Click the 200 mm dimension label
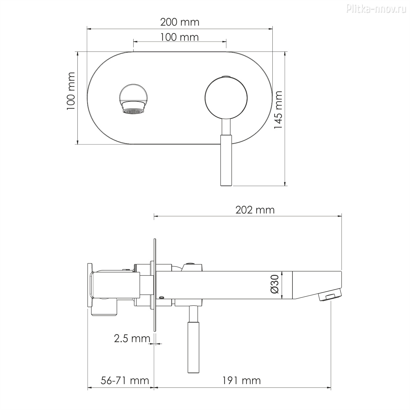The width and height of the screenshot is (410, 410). (x=180, y=22)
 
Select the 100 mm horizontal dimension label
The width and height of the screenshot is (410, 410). (x=179, y=37)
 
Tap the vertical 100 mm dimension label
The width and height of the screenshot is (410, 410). (x=71, y=91)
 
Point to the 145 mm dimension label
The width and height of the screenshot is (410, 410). (x=278, y=110)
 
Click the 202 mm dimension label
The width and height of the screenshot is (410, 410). (x=255, y=210)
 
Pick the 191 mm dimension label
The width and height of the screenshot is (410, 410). (x=242, y=381)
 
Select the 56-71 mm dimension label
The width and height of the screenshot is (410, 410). (x=125, y=381)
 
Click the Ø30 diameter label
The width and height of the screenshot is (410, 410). (x=275, y=284)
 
